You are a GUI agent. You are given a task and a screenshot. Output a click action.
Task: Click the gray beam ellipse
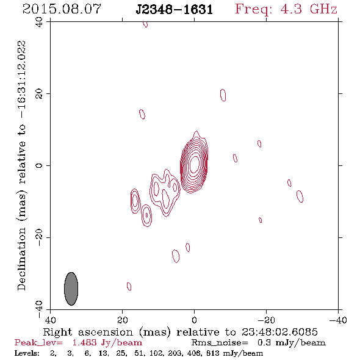[71, 289]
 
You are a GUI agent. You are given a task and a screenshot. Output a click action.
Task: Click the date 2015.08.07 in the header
[62, 9]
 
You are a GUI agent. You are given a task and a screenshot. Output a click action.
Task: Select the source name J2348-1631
[175, 9]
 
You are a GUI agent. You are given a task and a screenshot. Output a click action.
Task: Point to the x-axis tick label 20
[122, 320]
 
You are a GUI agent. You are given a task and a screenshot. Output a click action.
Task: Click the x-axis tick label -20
[266, 320]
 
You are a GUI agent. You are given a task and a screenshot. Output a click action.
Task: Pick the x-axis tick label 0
[194, 320]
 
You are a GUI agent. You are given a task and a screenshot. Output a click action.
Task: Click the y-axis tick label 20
[39, 94]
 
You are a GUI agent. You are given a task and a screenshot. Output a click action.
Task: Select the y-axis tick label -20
[39, 237]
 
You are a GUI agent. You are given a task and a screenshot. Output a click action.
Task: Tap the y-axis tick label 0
[39, 165]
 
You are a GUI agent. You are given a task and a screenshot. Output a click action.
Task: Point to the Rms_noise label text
[220, 343]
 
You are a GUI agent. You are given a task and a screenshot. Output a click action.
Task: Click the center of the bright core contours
[195, 164]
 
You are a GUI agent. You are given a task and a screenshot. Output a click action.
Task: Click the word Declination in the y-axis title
[21, 259]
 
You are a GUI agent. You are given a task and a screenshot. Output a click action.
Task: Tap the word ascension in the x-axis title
[106, 332]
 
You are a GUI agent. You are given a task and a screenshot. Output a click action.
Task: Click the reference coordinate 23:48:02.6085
[279, 332]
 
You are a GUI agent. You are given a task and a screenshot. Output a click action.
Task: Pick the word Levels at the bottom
[27, 353]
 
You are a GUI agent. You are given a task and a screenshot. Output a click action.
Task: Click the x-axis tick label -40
[338, 320]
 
